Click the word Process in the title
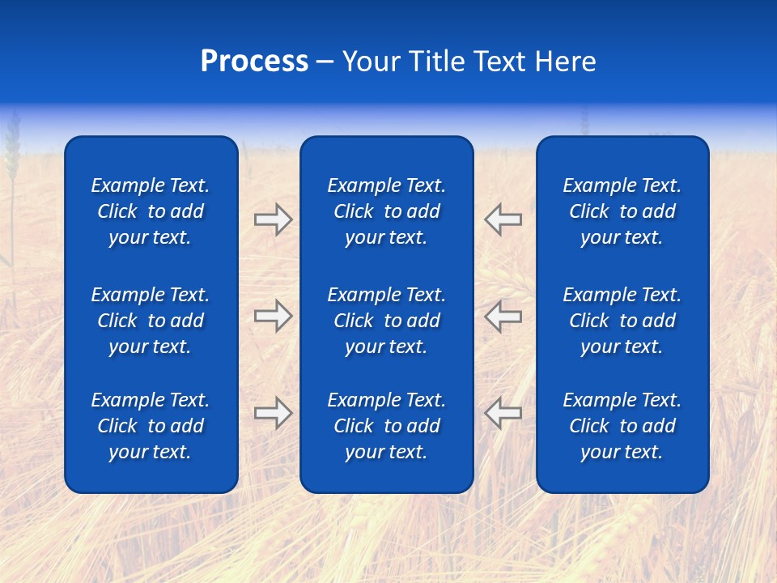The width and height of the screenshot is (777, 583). [x=254, y=62]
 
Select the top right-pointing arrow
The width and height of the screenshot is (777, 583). [x=273, y=219]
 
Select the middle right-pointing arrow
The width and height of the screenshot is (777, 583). [x=273, y=316]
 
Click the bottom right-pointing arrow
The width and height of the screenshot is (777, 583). [x=273, y=413]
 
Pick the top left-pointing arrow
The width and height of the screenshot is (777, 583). [x=503, y=219]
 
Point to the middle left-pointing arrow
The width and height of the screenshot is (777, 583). [x=503, y=316]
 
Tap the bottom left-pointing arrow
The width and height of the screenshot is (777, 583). [x=503, y=413]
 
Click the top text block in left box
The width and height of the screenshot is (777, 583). [x=151, y=211]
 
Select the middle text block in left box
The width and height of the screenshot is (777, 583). [x=151, y=321]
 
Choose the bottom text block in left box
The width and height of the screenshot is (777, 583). [x=151, y=426]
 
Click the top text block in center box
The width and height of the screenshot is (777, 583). [x=386, y=211]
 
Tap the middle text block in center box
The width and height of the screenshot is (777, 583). [x=386, y=321]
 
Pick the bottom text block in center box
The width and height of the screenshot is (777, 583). [x=386, y=426]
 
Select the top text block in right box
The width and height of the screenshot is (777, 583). [x=622, y=211]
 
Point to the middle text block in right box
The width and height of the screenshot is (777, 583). [x=622, y=321]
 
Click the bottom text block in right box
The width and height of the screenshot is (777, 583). [x=622, y=426]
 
